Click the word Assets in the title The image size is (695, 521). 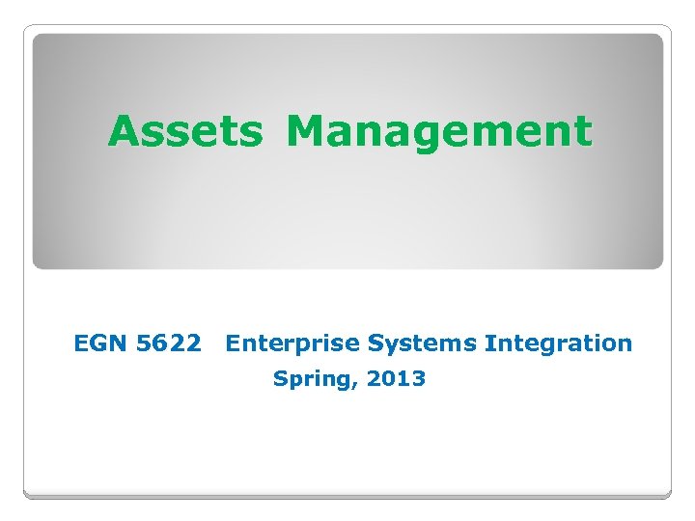point(184,131)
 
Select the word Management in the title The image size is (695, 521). point(438,131)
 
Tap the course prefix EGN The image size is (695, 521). point(100,343)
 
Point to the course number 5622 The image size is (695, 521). point(169,343)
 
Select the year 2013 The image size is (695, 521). point(396,378)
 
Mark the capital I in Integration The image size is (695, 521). point(489,343)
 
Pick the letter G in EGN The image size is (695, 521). point(100,343)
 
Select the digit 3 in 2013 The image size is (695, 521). point(418,378)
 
